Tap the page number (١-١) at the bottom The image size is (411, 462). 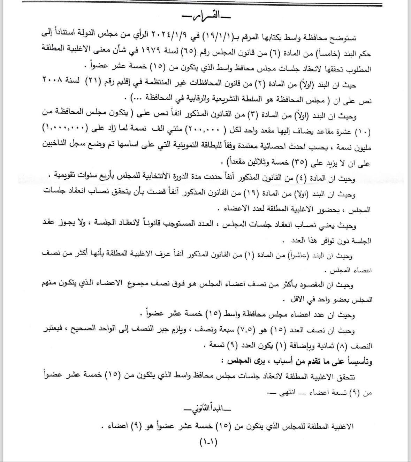pyautogui.click(x=208, y=442)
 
